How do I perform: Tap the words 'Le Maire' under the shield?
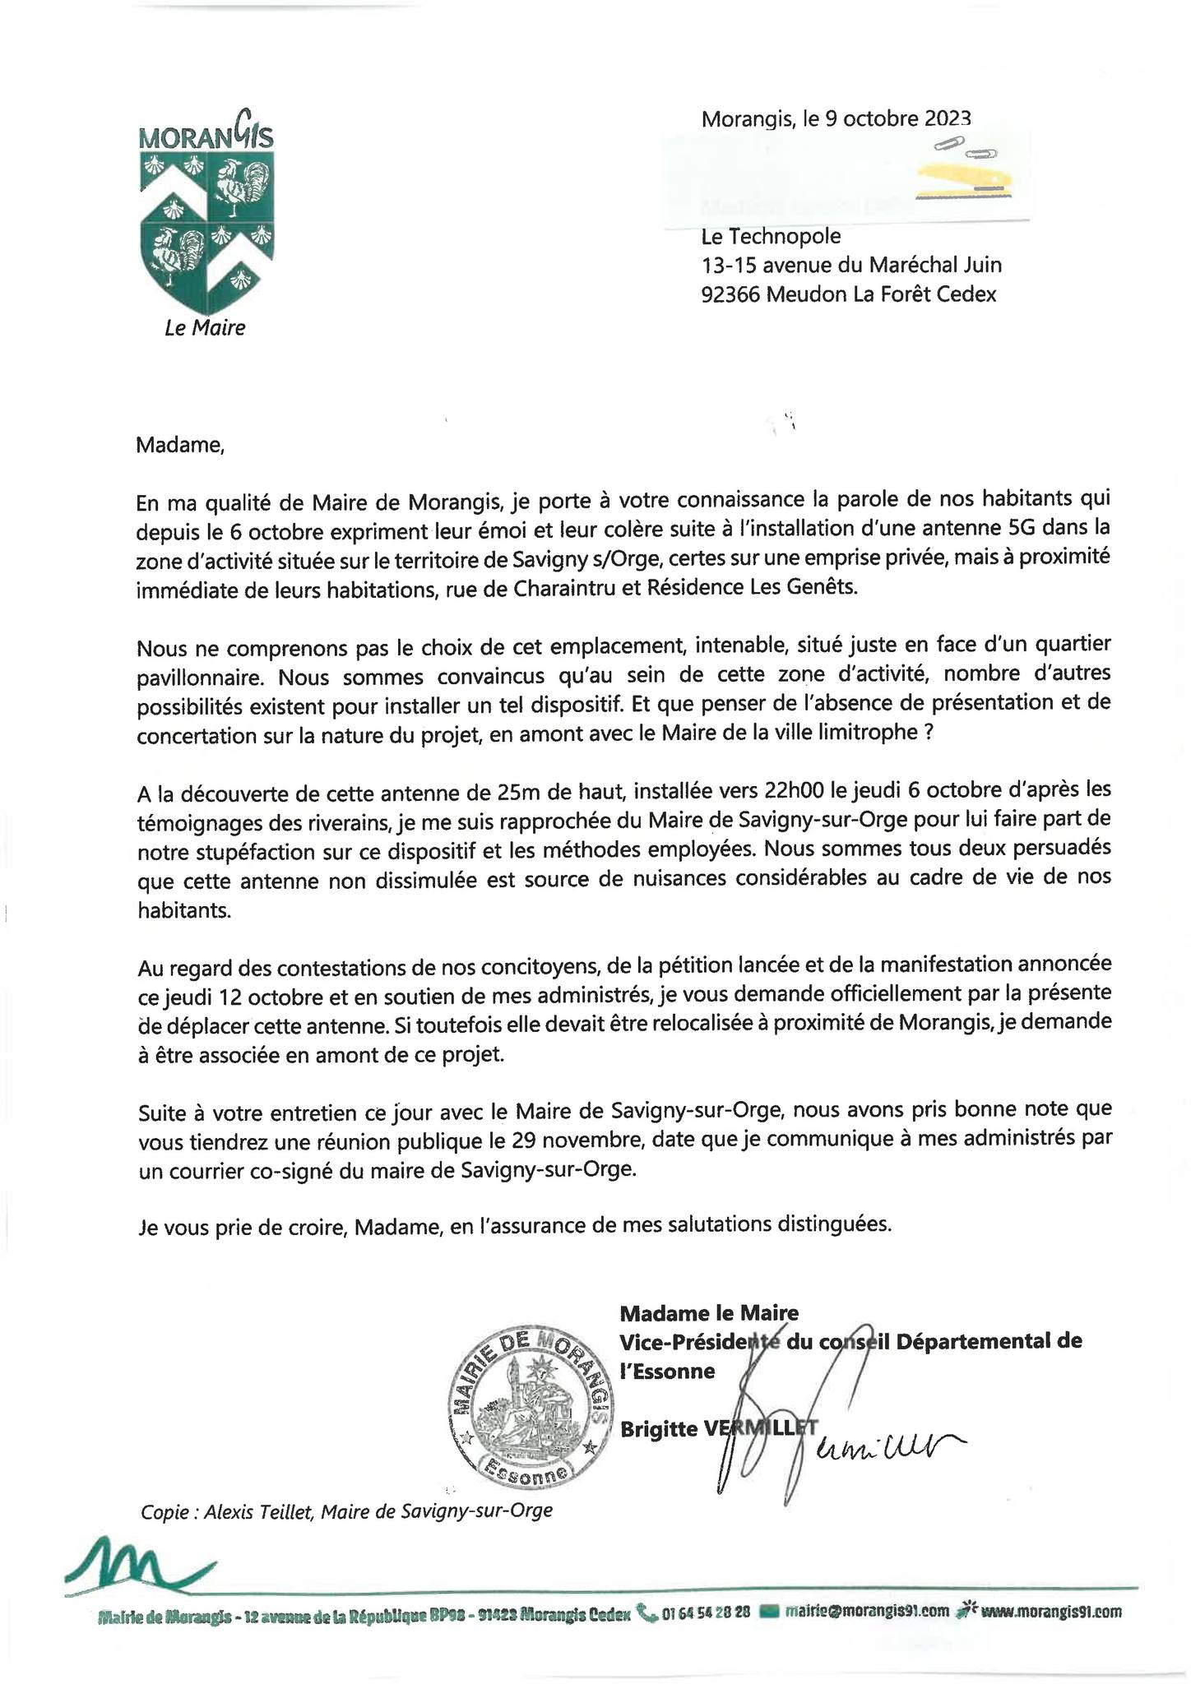coord(205,328)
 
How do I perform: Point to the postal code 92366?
coord(730,294)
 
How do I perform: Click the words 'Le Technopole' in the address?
coord(771,237)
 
